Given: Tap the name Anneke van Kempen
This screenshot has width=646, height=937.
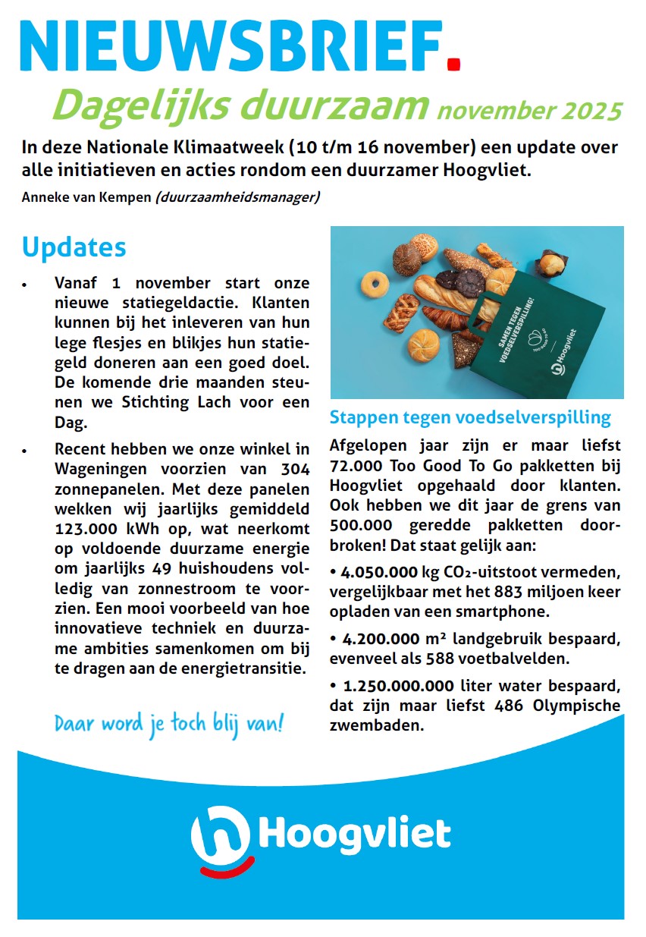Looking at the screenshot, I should pyautogui.click(x=86, y=198).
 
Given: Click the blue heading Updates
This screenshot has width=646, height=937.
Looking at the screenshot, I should pyautogui.click(x=74, y=247).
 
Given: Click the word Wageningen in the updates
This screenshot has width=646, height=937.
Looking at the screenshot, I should pyautogui.click(x=99, y=467).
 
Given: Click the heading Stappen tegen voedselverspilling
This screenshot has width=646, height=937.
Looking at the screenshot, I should pyautogui.click(x=470, y=417).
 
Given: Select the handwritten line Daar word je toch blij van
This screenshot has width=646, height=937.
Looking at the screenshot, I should pyautogui.click(x=168, y=722).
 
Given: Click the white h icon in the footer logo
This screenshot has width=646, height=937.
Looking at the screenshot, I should pyautogui.click(x=220, y=833).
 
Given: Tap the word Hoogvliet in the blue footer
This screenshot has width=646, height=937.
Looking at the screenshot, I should pyautogui.click(x=355, y=833).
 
